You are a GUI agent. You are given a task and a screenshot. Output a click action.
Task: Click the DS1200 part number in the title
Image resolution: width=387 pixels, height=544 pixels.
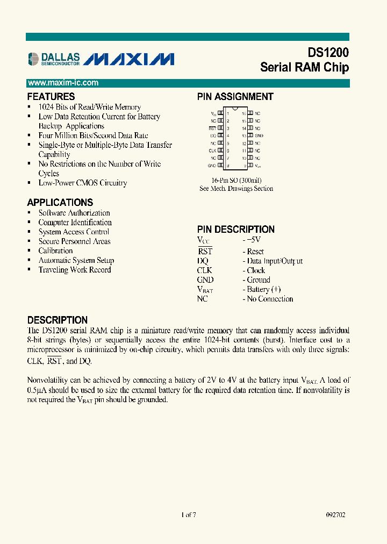point(328,53)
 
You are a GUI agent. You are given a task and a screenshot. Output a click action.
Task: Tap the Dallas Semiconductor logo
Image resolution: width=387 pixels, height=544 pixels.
point(54,59)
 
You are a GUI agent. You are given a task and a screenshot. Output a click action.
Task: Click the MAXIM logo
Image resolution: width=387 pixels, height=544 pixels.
point(130,59)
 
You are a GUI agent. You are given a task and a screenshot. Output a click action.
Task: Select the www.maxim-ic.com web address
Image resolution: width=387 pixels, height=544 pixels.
point(63,83)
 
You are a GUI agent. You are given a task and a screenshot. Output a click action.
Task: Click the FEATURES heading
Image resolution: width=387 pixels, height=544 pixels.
point(51,97)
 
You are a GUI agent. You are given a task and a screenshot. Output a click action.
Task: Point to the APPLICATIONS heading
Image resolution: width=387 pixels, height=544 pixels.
point(60,203)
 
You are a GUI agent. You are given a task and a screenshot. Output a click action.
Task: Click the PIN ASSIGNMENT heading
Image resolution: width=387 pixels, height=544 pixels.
point(235,97)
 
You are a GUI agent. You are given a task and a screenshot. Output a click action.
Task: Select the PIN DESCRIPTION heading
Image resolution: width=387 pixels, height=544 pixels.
point(235,229)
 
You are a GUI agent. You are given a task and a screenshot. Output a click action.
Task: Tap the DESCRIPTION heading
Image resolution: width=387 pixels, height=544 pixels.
point(57,320)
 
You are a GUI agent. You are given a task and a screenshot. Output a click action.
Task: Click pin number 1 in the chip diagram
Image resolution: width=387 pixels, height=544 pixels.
point(228,114)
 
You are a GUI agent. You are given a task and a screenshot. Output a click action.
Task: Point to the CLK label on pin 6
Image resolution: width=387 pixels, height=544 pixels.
point(212,151)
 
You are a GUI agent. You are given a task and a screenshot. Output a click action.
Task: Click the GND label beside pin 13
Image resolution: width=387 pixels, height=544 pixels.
point(259,136)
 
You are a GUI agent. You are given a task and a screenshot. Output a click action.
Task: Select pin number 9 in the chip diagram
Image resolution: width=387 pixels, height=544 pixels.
point(244,166)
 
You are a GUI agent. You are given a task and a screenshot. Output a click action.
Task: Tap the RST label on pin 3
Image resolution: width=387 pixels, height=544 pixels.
point(212,128)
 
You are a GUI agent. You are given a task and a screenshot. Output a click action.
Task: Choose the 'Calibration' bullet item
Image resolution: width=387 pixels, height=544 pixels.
point(55,251)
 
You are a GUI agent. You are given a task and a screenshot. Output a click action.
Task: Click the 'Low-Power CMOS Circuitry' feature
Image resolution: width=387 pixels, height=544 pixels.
point(83,183)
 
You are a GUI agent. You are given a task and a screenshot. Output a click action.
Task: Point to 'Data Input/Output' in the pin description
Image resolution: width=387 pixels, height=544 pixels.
point(275,261)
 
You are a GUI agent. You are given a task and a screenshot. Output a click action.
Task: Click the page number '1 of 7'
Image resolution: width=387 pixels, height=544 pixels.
point(189,514)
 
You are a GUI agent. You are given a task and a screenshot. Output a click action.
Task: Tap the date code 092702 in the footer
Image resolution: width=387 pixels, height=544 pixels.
point(335,514)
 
